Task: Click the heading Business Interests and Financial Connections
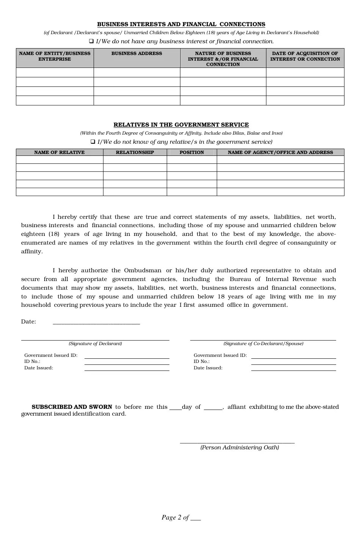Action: click(181, 24)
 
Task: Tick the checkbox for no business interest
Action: click(91, 41)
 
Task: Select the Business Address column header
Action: click(136, 53)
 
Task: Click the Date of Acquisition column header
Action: click(305, 56)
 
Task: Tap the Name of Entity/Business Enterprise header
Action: click(55, 56)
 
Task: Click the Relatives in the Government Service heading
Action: click(181, 125)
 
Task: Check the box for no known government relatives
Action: click(93, 141)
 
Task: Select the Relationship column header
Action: click(135, 152)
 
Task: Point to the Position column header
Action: click(191, 152)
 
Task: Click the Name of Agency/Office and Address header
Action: click(280, 152)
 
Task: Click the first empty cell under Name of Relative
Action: click(59, 160)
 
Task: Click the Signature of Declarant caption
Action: click(95, 344)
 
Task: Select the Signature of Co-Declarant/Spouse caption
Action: click(263, 344)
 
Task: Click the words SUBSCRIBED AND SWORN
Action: click(72, 407)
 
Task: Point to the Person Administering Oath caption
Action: click(239, 447)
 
